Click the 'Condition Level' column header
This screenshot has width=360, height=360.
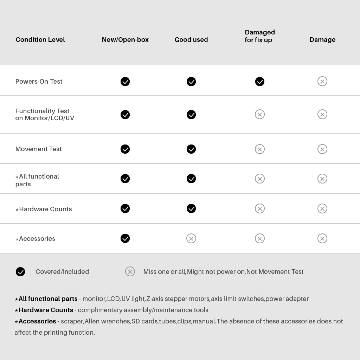pos(40,40)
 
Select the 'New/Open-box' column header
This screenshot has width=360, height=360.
pos(125,40)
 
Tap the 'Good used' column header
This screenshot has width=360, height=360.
pos(191,40)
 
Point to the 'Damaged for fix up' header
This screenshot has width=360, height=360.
pos(260,36)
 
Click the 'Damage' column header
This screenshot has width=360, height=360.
pos(322,40)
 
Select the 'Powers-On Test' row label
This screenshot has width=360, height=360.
pos(39,82)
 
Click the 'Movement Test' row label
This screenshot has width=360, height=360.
pos(38,149)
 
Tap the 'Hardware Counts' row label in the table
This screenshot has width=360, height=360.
pos(45,209)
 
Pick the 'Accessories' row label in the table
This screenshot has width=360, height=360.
pos(37,239)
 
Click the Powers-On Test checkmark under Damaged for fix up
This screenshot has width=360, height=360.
pos(260,82)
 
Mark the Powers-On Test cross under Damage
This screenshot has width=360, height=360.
pos(322,82)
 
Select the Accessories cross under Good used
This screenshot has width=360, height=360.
pos(191,239)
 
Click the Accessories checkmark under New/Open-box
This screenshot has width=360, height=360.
pos(125,239)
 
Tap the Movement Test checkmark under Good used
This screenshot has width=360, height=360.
pos(191,149)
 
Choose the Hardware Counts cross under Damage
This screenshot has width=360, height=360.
pos(322,209)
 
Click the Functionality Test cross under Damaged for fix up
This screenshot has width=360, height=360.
pos(260,115)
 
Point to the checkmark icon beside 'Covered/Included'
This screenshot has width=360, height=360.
pos(20,272)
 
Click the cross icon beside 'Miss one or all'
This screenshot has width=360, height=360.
pos(130,272)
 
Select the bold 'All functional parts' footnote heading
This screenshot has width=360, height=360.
pos(48,299)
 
